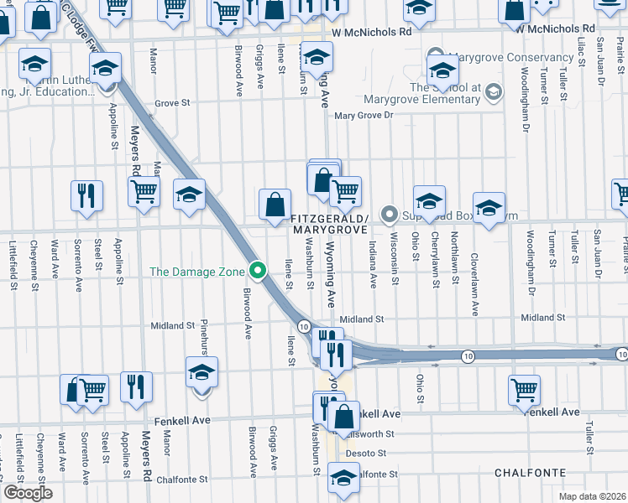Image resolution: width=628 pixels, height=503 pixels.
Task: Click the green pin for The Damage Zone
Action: pos(259,271)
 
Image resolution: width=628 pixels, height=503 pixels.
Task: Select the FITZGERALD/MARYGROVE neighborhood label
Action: pos(328,223)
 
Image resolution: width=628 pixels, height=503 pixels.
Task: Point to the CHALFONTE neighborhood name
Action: pos(530,473)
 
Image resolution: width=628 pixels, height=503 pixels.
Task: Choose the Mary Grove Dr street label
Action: pos(364,117)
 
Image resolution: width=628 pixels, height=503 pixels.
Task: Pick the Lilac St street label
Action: pos(580,50)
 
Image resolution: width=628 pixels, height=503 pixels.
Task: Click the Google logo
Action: pos(28,493)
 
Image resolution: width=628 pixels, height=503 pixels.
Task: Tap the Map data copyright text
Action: pos(593,496)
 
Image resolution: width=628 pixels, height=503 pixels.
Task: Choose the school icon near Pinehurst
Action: pos(201,373)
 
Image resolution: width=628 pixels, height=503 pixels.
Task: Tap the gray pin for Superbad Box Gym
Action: pos(389,214)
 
